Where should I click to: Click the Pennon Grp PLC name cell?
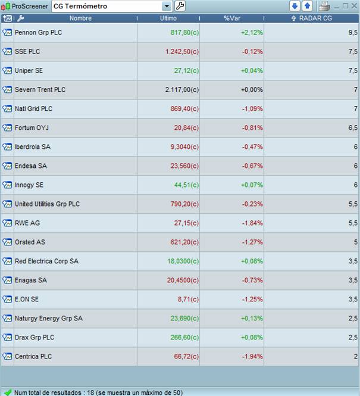pyautogui.click(x=38, y=33)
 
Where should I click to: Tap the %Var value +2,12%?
pyautogui.click(x=252, y=33)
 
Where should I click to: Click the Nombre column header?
pyautogui.click(x=80, y=18)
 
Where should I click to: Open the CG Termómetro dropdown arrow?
pyautogui.click(x=167, y=6)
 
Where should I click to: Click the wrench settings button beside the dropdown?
pyautogui.click(x=180, y=6)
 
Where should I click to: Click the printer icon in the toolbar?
pyautogui.click(x=324, y=6)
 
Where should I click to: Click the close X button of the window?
pyautogui.click(x=354, y=6)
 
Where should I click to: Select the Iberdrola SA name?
pyautogui.click(x=33, y=147)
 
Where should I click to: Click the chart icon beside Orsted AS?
pyautogui.click(x=7, y=242)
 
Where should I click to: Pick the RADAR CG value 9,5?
pyautogui.click(x=352, y=33)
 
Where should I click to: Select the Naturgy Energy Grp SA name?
pyautogui.click(x=49, y=318)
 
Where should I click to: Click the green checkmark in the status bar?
pyautogui.click(x=8, y=392)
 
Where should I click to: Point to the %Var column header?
pyautogui.click(x=231, y=18)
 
